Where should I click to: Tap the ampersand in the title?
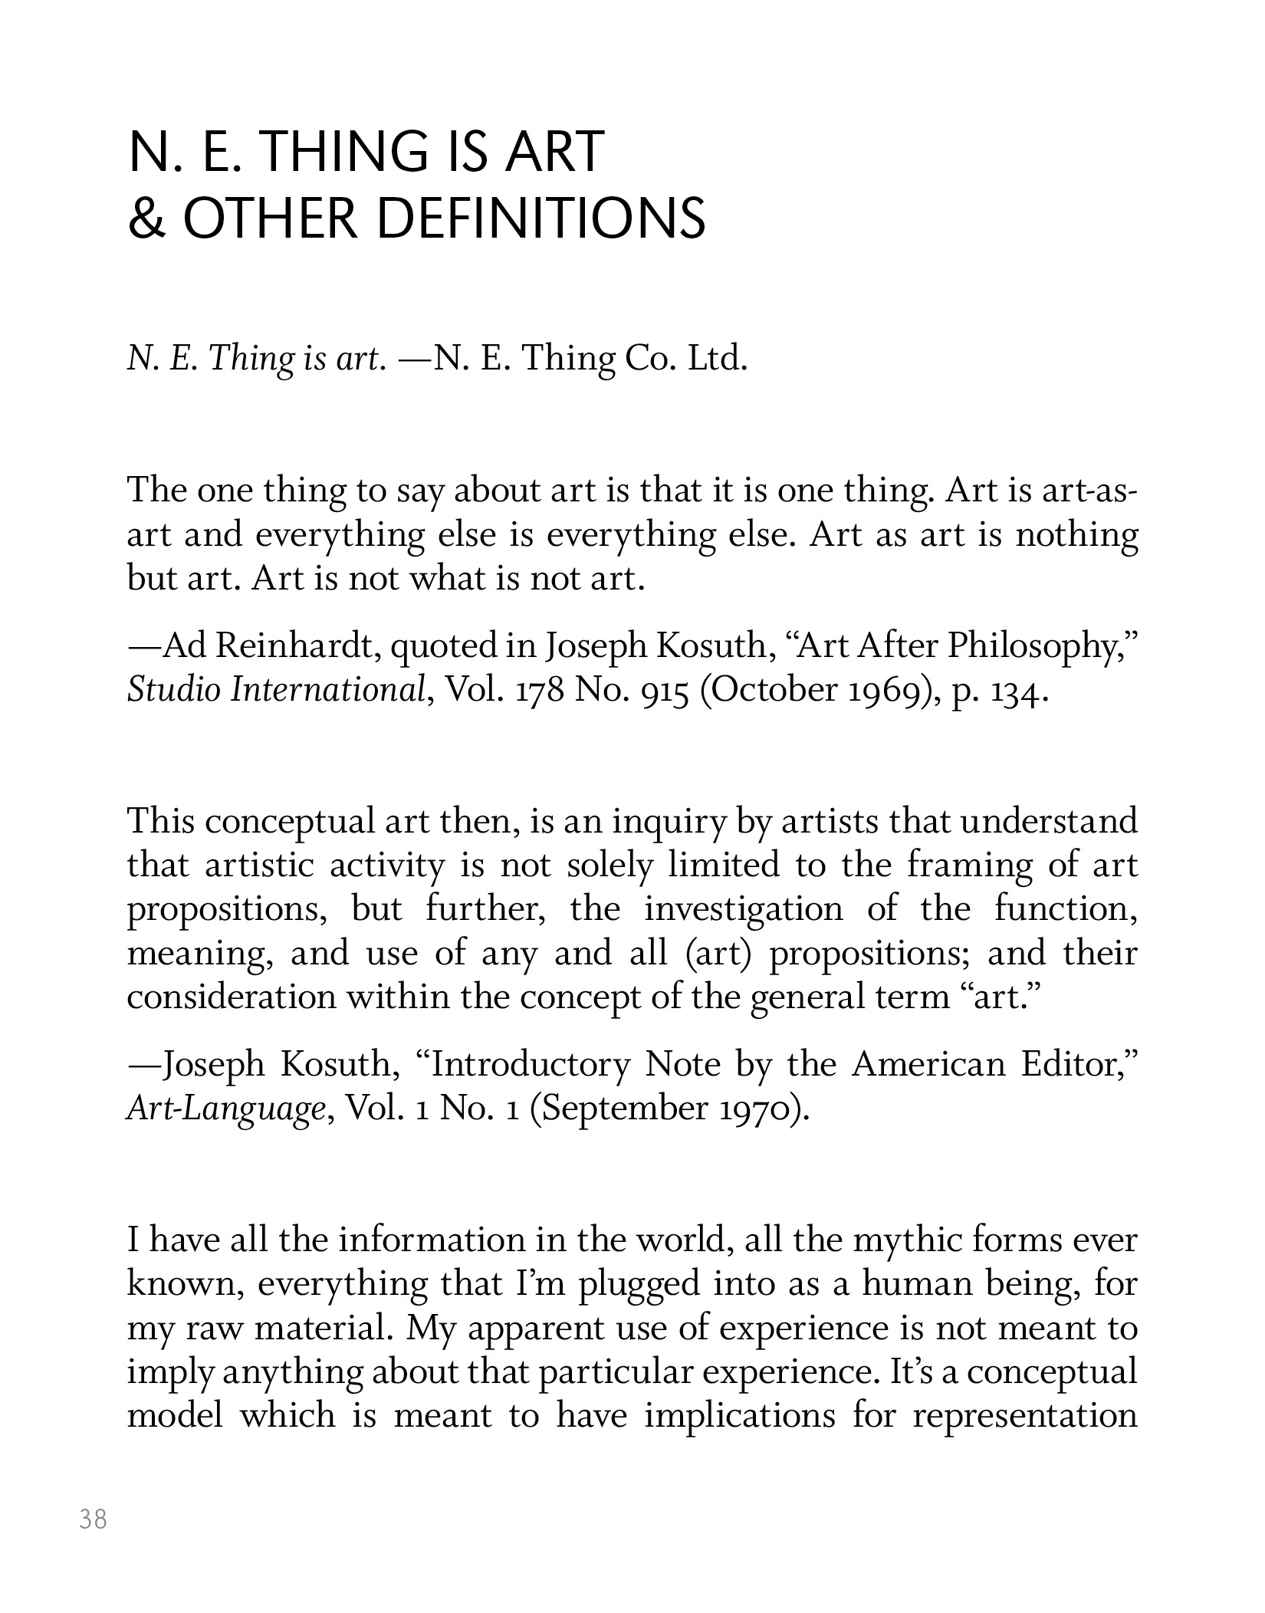pos(143,218)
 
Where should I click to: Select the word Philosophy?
pos(1035,648)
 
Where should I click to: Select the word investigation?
pos(743,910)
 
